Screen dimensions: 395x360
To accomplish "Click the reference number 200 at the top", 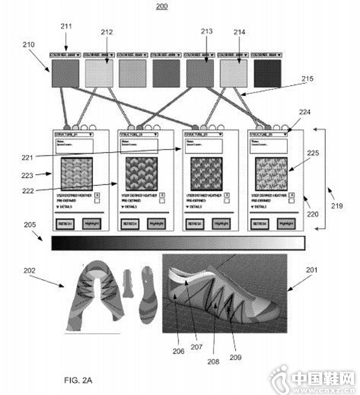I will pyautogui.click(x=162, y=7).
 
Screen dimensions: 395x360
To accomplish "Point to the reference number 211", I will pyautogui.click(x=66, y=26).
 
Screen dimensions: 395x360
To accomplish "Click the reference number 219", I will pyautogui.click(x=337, y=206).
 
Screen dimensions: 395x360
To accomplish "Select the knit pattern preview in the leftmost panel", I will pyautogui.click(x=76, y=174).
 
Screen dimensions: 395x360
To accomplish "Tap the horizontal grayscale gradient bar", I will pyautogui.click(x=179, y=243).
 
